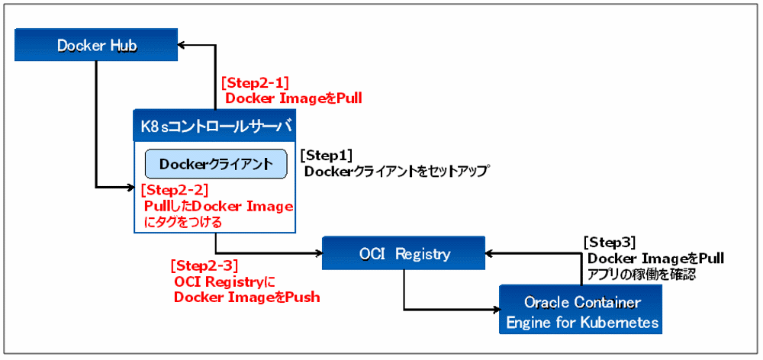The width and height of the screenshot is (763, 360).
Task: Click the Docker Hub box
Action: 97,46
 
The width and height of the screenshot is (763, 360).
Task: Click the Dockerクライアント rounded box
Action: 216,164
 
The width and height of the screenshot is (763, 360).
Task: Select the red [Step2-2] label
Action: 175,191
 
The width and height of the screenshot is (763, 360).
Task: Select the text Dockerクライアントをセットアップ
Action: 396,172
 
